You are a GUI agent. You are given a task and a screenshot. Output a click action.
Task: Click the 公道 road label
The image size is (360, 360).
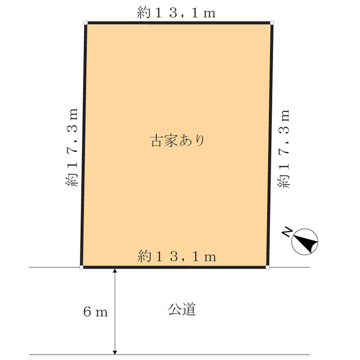182,310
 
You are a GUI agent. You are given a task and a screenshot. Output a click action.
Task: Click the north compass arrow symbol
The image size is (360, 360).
306,242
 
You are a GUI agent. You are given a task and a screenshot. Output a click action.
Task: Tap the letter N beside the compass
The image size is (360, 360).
289,231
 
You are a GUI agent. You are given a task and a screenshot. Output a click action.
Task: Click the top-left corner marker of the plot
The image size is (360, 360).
86,24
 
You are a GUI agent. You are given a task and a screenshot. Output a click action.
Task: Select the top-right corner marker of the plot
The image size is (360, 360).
272,24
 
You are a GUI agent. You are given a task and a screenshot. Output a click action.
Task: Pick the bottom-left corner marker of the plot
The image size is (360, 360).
82,267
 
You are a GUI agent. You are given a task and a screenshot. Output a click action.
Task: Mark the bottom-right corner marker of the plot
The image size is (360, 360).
268,267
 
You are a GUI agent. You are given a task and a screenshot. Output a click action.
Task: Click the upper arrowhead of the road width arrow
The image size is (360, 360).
115,271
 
